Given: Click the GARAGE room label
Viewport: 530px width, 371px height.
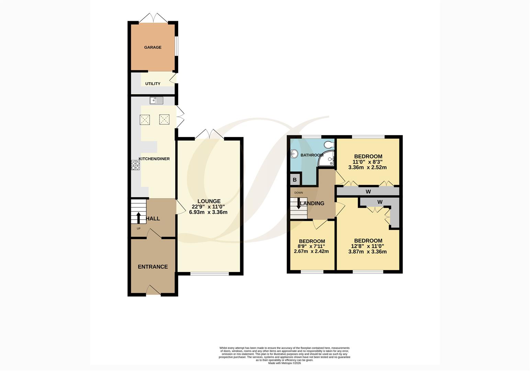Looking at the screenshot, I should pos(153,47).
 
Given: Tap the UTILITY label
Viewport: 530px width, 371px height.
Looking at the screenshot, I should pos(153,84).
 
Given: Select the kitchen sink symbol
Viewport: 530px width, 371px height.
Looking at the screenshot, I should pos(157,100).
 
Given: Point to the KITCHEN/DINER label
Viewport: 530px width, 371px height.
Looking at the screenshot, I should pos(154,159).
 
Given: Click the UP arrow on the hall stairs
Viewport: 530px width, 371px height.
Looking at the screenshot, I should pos(139,217).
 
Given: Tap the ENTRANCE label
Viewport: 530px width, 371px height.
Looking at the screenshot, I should pos(153,267).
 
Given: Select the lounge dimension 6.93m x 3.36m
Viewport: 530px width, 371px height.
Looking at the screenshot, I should pos(208,212).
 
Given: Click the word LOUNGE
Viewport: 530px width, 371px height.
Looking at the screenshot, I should pos(209,201).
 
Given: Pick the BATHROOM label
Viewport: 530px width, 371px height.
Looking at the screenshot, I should pos(312,155).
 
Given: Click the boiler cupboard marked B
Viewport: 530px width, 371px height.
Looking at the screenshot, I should pos(295,180).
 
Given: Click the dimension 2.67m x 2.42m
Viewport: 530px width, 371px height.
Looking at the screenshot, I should pos(311,251).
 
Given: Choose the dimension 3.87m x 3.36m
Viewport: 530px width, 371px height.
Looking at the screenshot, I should pos(368,251).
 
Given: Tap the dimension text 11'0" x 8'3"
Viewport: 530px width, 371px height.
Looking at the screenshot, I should pos(368,162).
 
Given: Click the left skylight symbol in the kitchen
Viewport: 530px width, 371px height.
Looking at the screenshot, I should pos(145,120).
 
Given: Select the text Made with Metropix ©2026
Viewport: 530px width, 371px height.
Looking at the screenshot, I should pos(284,363).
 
